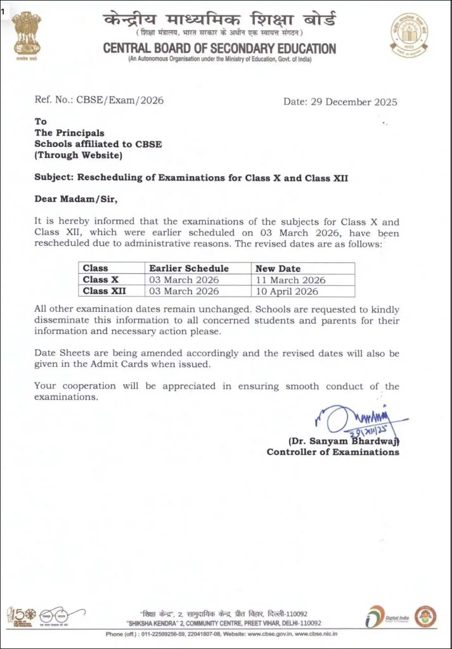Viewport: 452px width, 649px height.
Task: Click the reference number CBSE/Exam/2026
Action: (112, 100)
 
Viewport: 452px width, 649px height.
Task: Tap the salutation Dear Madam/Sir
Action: (76, 199)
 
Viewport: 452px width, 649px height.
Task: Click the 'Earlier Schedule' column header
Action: (189, 268)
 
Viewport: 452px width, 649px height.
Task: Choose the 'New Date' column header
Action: (278, 268)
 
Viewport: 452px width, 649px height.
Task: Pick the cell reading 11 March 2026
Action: (290, 280)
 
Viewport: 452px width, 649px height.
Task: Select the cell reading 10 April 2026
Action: (287, 291)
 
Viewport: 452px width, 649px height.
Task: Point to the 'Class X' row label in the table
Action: (101, 280)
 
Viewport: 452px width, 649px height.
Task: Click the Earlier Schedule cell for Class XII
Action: (184, 291)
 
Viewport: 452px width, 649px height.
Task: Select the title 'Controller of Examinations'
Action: (333, 452)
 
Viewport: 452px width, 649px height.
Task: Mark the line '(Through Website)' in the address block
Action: (79, 155)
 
